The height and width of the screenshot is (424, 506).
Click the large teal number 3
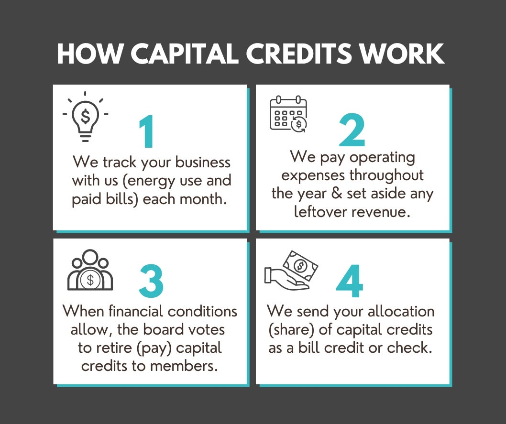coord(151,281)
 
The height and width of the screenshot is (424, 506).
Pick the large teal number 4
coord(350,281)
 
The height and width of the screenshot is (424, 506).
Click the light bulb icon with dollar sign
coord(85,117)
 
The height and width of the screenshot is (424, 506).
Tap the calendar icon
coord(288,114)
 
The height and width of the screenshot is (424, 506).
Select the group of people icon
coord(90,270)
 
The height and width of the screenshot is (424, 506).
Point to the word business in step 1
coord(203,162)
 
